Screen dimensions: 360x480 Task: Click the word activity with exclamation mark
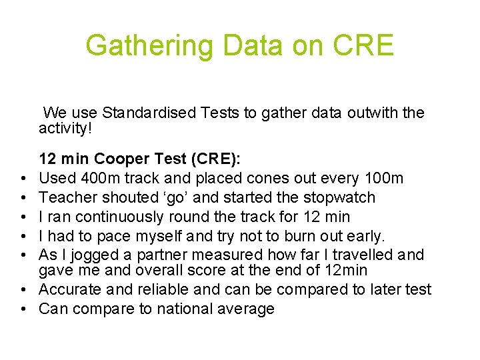[x=65, y=128]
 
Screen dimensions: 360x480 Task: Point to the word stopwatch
[x=339, y=198]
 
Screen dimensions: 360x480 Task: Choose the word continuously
[x=119, y=217]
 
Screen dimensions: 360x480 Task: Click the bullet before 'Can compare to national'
[x=23, y=309]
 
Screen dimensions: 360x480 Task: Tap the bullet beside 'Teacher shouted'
[x=23, y=198]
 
